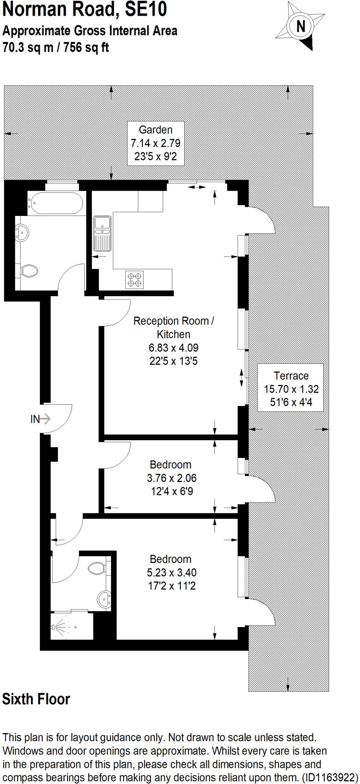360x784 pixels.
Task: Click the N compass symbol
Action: pos(301,26)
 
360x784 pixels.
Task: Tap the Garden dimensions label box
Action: pos(155,143)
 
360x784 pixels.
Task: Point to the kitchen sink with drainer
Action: pos(102,234)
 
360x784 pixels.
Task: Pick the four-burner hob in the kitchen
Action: pos(134,279)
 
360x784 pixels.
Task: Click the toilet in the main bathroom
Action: pos(29,271)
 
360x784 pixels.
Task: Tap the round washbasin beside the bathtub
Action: pos(22,232)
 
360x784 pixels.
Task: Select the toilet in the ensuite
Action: pos(98,567)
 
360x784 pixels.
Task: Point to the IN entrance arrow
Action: pos(40,419)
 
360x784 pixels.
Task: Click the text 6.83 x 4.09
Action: pos(173,348)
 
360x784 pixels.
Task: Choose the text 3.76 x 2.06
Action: pos(171,478)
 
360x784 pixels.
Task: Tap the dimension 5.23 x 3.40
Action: pos(171,572)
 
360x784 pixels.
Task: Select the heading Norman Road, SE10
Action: pos(85,10)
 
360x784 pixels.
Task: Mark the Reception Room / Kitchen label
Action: pos(173,327)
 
